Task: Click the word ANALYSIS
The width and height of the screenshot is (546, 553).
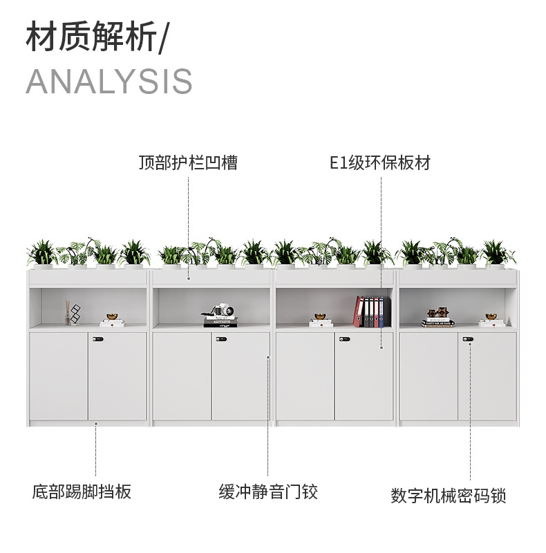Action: (x=109, y=82)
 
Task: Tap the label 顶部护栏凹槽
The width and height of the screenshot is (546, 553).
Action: (x=187, y=163)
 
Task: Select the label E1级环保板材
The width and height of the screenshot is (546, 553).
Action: (x=380, y=163)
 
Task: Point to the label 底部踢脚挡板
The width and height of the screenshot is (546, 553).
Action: (x=82, y=492)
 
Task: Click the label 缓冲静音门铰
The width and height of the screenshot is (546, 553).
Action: (x=268, y=492)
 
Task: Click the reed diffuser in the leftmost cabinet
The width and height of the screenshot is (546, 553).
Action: (x=68, y=313)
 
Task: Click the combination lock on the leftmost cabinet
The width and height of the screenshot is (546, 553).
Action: (x=97, y=339)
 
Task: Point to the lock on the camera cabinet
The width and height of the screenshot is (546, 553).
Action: (x=221, y=339)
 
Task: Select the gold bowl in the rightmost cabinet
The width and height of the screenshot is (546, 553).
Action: (x=491, y=317)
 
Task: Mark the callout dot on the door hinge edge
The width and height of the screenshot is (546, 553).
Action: (x=268, y=357)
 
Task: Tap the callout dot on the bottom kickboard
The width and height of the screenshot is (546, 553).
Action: (x=96, y=423)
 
